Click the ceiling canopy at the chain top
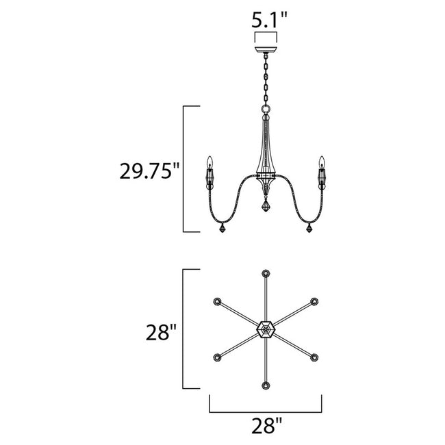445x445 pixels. (x=264, y=50)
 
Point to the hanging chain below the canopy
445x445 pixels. (x=264, y=82)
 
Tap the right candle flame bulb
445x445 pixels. (x=319, y=162)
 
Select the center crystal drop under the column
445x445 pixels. (x=264, y=207)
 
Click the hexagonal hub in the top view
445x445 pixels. (x=265, y=330)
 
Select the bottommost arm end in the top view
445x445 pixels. (x=265, y=386)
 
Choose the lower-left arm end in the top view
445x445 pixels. (x=217, y=357)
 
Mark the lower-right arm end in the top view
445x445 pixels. (x=313, y=357)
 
